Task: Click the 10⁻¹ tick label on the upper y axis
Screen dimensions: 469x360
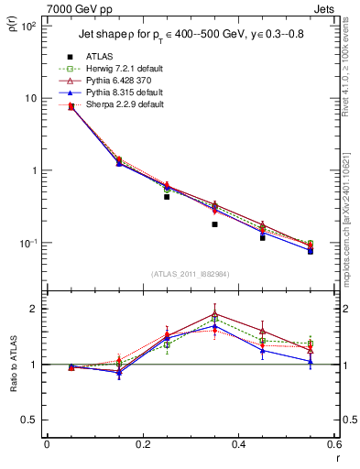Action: (x=27, y=243)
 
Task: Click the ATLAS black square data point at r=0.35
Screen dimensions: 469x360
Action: (x=214, y=224)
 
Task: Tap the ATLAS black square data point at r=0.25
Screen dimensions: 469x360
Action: (x=167, y=197)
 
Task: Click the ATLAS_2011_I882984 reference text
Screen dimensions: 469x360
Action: (x=190, y=274)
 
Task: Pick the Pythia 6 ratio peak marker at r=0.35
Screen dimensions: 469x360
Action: (x=214, y=313)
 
